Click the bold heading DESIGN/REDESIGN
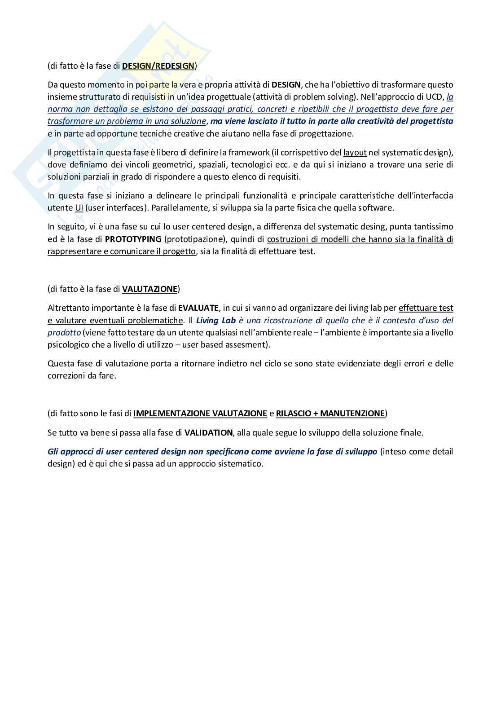pos(158,66)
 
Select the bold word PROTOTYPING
pos(133,238)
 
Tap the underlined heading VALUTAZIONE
pos(150,289)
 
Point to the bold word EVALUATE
pos(198,308)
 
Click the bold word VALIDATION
pos(208,433)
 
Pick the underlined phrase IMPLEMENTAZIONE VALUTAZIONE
pos(200,413)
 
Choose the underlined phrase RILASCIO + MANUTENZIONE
pos(330,413)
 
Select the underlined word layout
pos(355,152)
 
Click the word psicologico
pos(66,345)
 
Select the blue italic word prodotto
pos(64,332)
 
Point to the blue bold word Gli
pos(53,451)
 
